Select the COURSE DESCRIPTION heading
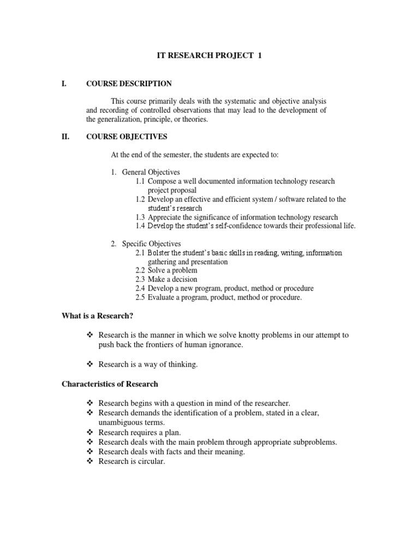129,84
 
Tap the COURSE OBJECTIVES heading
127,137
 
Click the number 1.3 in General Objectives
141,217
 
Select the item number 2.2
141,271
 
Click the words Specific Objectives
151,244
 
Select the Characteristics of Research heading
109,384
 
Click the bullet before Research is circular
91,462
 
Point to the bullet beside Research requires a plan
91,432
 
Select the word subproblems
313,442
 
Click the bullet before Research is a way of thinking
91,365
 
